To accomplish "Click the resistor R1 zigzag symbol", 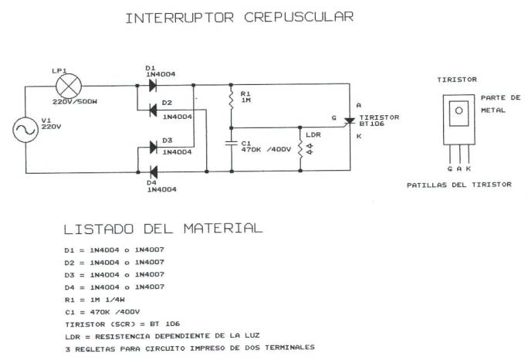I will pyautogui.click(x=230, y=96).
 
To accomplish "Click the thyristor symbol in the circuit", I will pyautogui.click(x=349, y=121).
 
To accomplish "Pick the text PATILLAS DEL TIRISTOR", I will pyautogui.click(x=459, y=185).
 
